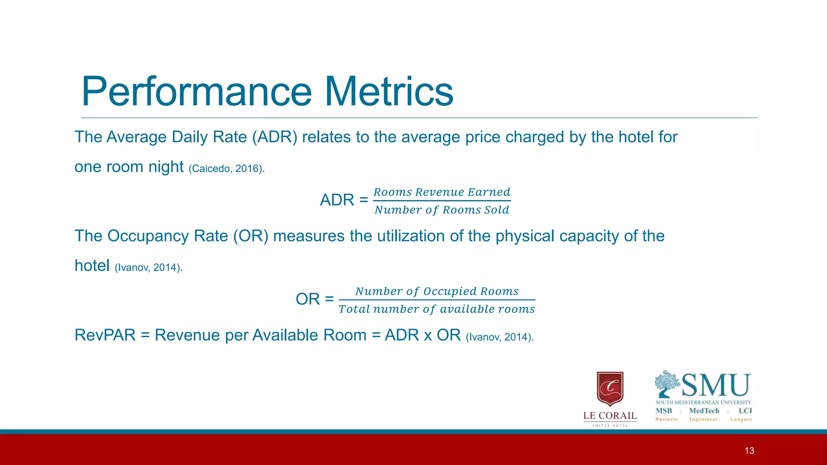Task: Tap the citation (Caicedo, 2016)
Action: (x=227, y=168)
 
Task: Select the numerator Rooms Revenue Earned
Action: (x=442, y=192)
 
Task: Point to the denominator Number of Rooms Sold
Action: (x=442, y=210)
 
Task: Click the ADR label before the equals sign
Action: (x=337, y=200)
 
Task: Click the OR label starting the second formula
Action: (x=308, y=300)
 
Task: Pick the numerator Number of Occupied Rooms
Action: (x=437, y=291)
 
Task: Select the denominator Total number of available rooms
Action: (x=437, y=309)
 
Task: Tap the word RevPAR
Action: (x=105, y=335)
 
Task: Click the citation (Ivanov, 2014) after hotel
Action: (x=149, y=268)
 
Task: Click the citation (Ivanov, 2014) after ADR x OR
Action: (x=500, y=337)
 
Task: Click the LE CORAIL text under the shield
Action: (x=610, y=416)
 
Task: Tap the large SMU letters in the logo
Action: (x=716, y=385)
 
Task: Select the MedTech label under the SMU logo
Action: (x=704, y=411)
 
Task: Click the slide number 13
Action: (x=749, y=451)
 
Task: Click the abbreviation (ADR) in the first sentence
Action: (x=275, y=137)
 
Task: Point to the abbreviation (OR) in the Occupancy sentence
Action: (x=251, y=236)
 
